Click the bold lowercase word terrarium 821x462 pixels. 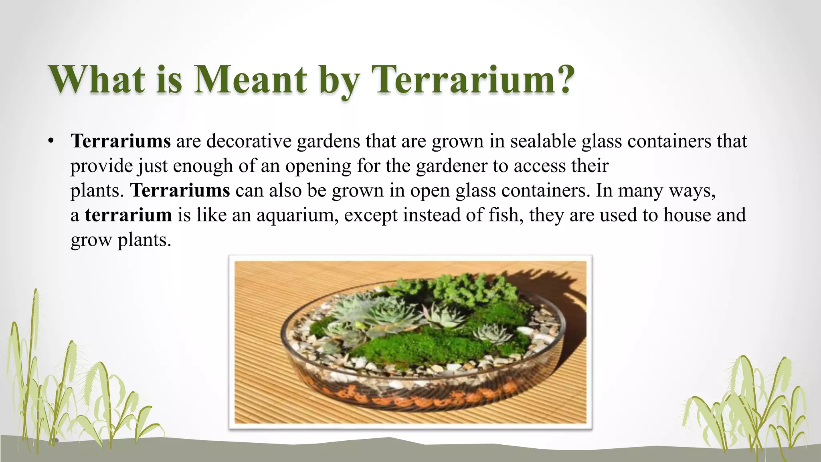tap(128, 215)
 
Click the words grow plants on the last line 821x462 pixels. tap(121, 240)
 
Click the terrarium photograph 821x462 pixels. tap(410, 342)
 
